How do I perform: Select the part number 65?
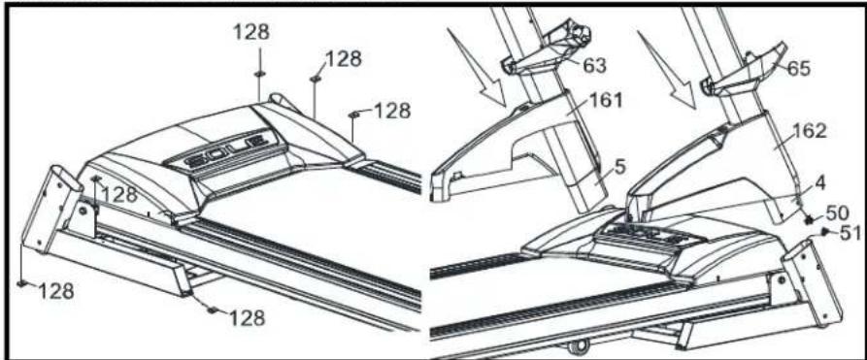798,69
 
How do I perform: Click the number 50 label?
837,212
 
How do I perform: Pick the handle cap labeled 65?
742,69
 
